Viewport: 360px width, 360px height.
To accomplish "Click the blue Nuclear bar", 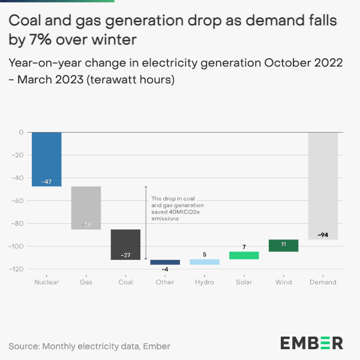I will click(x=46, y=159).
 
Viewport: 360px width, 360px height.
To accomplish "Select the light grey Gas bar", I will click(x=86, y=208).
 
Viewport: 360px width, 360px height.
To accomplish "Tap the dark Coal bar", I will click(x=125, y=245).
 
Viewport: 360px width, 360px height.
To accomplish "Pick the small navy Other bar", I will click(x=165, y=262).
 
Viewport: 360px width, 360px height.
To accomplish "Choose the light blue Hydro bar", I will click(x=205, y=262).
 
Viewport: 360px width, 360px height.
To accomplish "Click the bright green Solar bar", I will click(x=244, y=256).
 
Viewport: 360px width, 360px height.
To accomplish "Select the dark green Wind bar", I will click(x=284, y=245).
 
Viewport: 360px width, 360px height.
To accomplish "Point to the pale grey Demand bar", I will click(x=323, y=186).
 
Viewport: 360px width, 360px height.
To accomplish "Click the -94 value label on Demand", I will click(x=323, y=234).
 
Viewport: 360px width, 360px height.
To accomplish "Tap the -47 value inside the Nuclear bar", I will click(x=46, y=181).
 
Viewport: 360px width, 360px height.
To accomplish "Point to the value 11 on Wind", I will click(x=284, y=244).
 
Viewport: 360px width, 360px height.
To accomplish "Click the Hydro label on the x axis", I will click(x=205, y=281).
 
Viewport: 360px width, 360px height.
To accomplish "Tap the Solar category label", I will click(x=244, y=281).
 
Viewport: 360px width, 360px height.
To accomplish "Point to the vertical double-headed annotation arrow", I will click(x=146, y=222).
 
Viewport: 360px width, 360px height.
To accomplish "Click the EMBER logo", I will click(x=311, y=343).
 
